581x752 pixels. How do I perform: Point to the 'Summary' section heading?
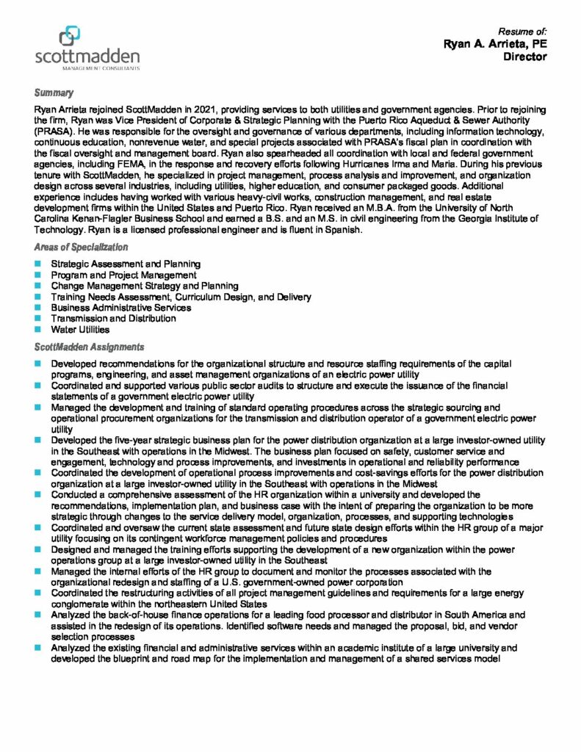click(x=53, y=93)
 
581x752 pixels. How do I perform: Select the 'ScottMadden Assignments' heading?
click(x=89, y=347)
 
